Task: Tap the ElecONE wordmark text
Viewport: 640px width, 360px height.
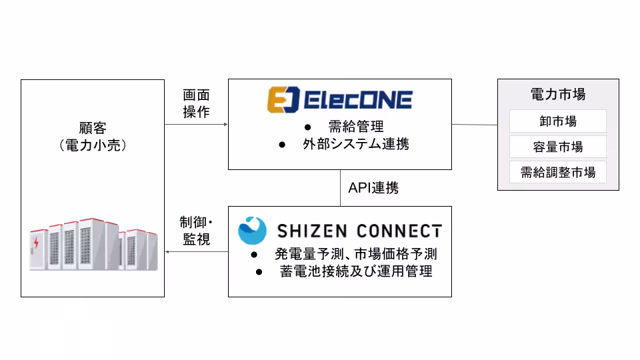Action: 358,101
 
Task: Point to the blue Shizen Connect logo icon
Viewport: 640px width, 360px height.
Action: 253,230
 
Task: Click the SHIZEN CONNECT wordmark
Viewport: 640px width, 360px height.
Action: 359,231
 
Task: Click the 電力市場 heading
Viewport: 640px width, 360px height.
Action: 558,94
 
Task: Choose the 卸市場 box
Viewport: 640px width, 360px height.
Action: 558,121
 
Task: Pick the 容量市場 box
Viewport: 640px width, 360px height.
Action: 558,147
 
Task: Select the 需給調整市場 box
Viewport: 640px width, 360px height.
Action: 558,172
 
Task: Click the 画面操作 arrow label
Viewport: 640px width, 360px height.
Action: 196,104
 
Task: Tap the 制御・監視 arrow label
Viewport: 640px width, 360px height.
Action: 196,231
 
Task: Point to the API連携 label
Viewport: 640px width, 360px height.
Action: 373,188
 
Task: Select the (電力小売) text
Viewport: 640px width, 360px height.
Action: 92,145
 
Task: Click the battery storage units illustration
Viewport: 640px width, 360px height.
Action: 93,245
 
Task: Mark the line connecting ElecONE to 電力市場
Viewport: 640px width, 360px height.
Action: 475,124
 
